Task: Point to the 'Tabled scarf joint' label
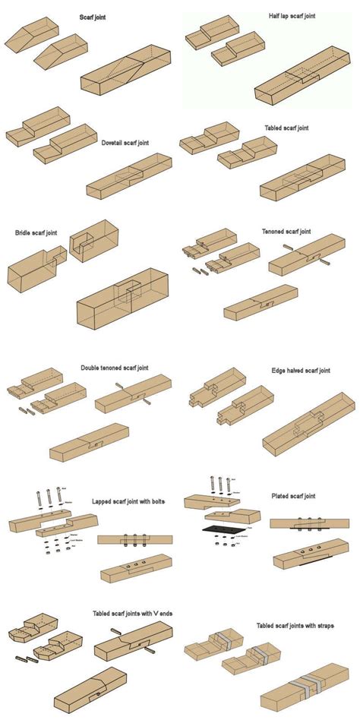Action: pyautogui.click(x=286, y=129)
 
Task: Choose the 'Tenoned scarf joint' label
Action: pyautogui.click(x=286, y=231)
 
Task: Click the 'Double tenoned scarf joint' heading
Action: pyautogui.click(x=115, y=368)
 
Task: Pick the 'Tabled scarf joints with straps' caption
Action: pyautogui.click(x=295, y=626)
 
